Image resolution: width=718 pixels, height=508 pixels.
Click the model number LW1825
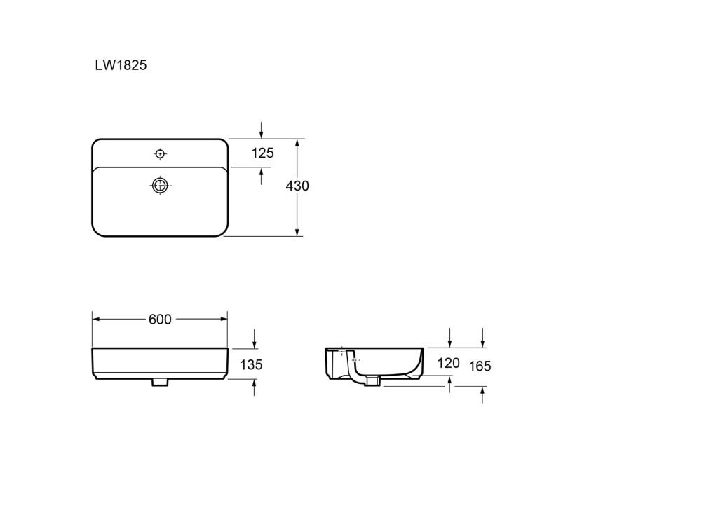click(x=121, y=65)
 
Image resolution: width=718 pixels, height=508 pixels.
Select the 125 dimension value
click(x=262, y=153)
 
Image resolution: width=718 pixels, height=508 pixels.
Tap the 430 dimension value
click(x=297, y=186)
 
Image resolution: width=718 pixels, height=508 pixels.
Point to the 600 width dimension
click(x=160, y=319)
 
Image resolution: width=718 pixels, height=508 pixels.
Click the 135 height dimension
click(x=252, y=365)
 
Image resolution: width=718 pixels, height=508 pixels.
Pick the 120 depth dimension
click(x=448, y=364)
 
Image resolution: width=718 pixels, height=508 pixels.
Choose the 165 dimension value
click(x=480, y=366)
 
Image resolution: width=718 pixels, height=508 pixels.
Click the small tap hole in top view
click(x=160, y=154)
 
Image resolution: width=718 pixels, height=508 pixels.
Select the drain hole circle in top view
click(x=160, y=186)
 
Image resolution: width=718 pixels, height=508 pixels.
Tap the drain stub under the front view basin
click(x=160, y=382)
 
